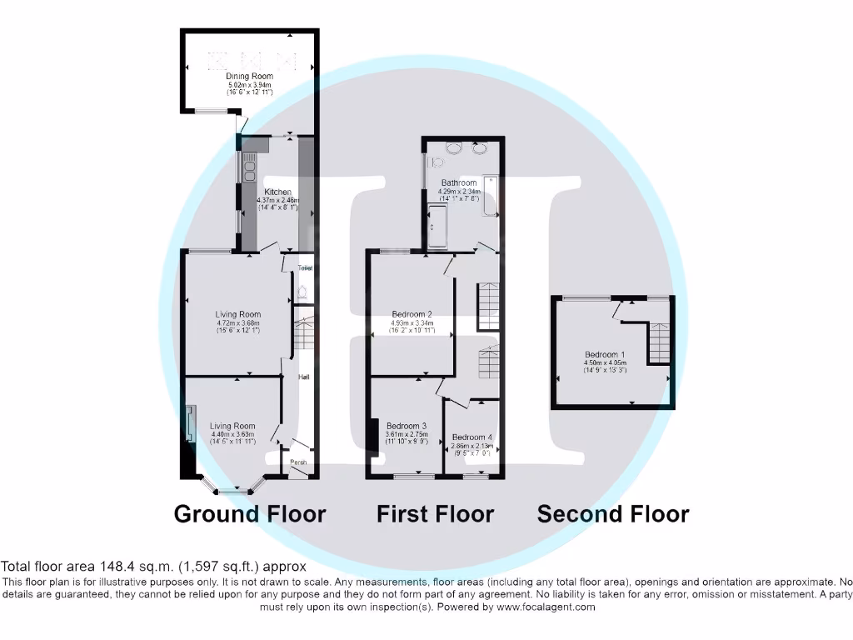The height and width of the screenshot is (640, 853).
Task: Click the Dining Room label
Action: point(249,77)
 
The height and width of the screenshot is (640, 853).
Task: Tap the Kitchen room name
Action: point(277,192)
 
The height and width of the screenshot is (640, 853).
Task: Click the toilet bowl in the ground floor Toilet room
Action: point(302,292)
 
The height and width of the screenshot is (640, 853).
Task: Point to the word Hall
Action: point(304,377)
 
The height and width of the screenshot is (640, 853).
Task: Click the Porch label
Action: point(298,462)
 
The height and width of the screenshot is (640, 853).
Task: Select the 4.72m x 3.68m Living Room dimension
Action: point(238,323)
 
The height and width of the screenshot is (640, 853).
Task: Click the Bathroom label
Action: point(459,183)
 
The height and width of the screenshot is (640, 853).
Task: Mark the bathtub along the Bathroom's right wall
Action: point(491,196)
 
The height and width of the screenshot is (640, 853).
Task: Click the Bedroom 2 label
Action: point(412,315)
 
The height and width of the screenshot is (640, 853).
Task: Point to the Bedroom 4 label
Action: point(472,437)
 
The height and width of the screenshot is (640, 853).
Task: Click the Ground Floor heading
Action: point(249,514)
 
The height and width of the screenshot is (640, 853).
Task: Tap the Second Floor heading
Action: point(612,514)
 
